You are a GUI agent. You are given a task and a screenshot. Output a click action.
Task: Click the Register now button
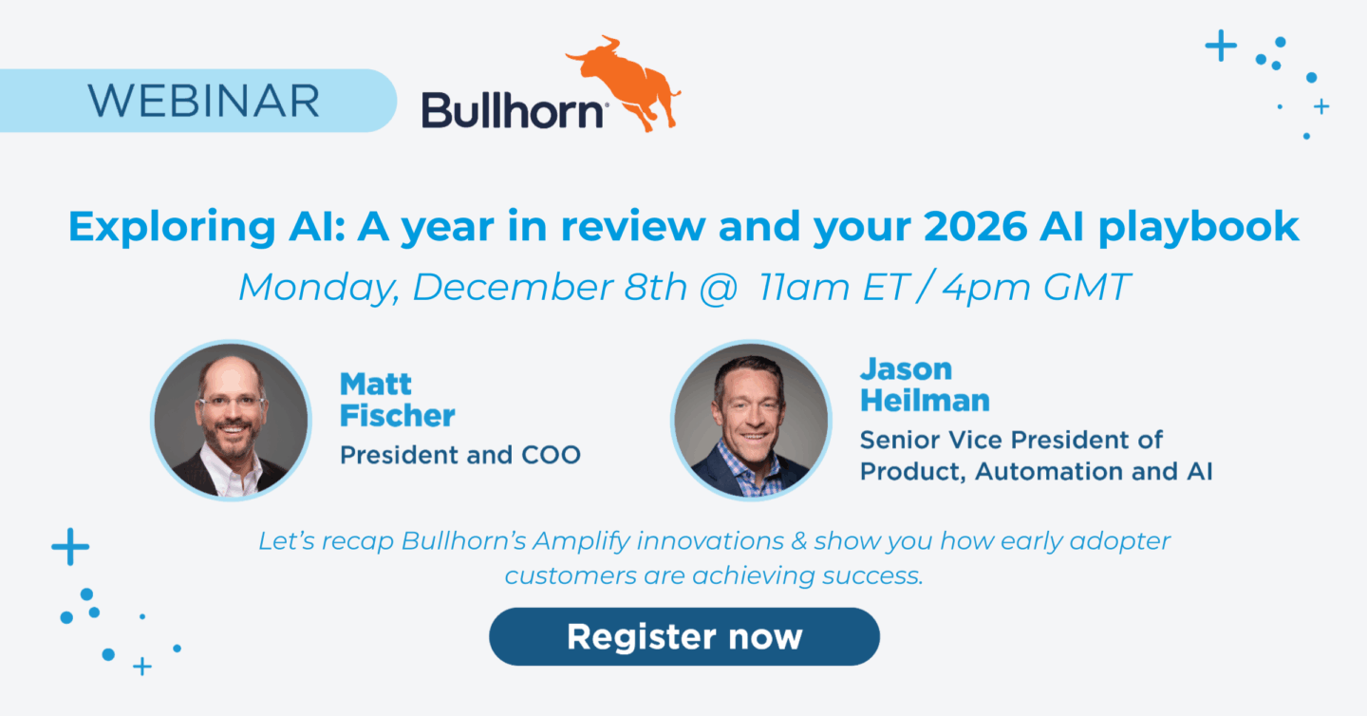(683, 636)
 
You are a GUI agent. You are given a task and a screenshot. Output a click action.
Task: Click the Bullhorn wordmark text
(514, 110)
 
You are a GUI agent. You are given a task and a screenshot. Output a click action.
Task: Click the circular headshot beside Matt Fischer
(232, 420)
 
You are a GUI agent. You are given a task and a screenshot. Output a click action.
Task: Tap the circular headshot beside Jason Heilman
(750, 420)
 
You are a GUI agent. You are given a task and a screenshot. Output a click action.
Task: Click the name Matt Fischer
(397, 400)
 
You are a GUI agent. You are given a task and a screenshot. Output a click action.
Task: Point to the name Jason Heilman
(924, 385)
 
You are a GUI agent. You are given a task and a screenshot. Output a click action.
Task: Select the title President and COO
(460, 455)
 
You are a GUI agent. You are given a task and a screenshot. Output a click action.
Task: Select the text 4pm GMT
(1036, 287)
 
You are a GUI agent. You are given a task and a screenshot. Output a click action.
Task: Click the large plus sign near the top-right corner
(1221, 46)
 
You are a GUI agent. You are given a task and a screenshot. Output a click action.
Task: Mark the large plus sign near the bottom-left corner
(70, 547)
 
